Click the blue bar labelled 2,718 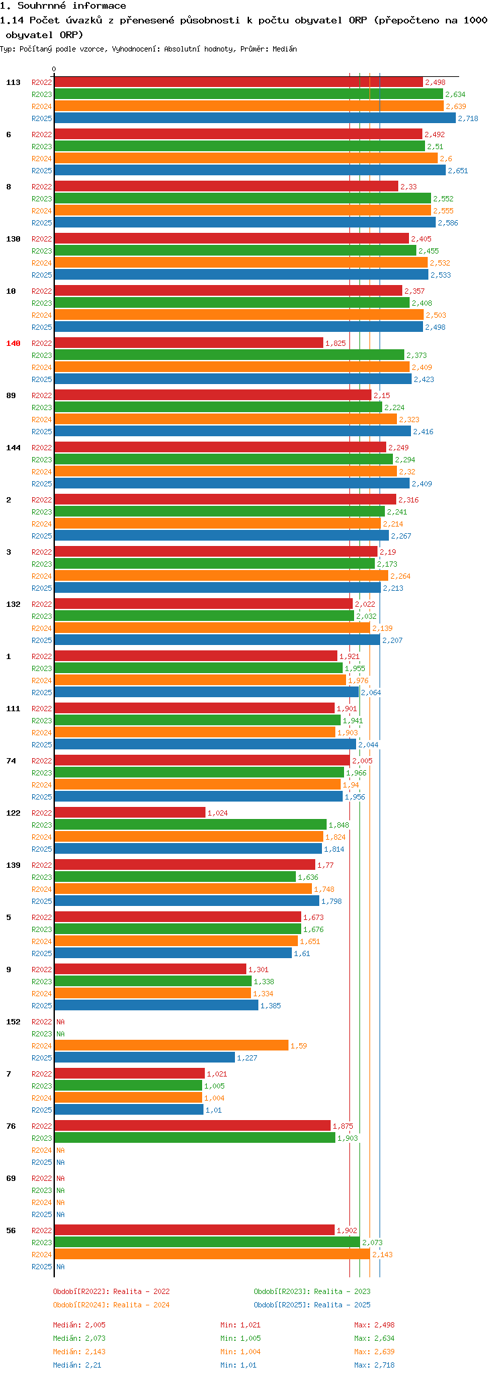click(x=254, y=118)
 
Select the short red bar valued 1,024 click(x=130, y=812)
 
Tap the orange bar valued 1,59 click(x=171, y=1045)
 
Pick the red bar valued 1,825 click(x=188, y=343)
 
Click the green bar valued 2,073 click(x=207, y=1242)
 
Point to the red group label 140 click(x=13, y=343)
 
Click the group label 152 click(x=13, y=1022)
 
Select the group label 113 click(x=13, y=82)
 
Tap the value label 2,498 click(x=435, y=82)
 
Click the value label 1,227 click(x=247, y=1058)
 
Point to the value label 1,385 click(x=270, y=1006)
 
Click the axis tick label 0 click(x=54, y=69)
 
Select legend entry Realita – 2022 click(x=111, y=1291)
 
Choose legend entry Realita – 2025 click(x=312, y=1305)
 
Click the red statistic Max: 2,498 click(x=374, y=1325)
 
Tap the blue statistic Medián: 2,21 click(x=77, y=1365)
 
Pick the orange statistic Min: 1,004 click(x=240, y=1352)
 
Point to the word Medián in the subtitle click(x=285, y=49)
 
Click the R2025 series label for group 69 click(x=41, y=1214)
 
